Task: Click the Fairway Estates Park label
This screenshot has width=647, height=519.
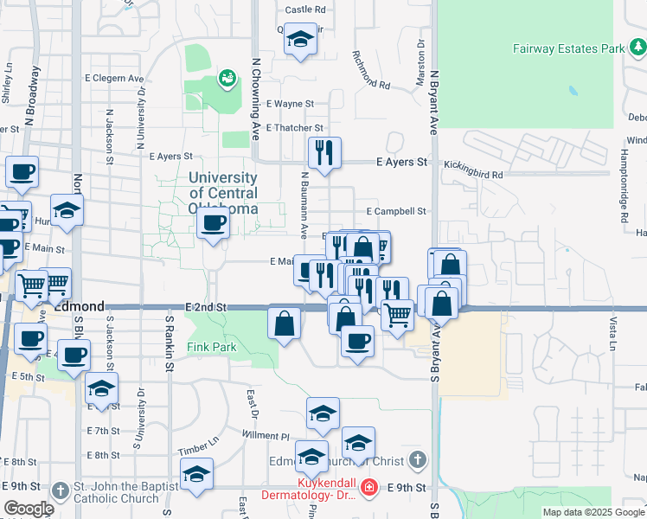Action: pyautogui.click(x=568, y=49)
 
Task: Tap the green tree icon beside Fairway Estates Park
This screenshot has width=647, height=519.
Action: pyautogui.click(x=637, y=48)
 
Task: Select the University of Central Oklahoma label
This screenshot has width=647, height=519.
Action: pyautogui.click(x=223, y=193)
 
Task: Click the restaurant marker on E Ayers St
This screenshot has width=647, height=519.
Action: pyautogui.click(x=324, y=153)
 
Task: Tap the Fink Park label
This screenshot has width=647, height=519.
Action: pyautogui.click(x=212, y=348)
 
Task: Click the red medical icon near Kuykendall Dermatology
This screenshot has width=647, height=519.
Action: pyautogui.click(x=369, y=488)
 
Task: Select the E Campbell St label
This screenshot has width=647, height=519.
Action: pyautogui.click(x=396, y=211)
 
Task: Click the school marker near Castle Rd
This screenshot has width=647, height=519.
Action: pyautogui.click(x=300, y=40)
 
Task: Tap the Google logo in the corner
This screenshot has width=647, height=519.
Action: pyautogui.click(x=29, y=509)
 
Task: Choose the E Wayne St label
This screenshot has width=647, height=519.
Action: pyautogui.click(x=290, y=104)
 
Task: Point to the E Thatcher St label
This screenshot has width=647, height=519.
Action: pyautogui.click(x=293, y=128)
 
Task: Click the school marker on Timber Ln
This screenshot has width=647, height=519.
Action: pyautogui.click(x=196, y=474)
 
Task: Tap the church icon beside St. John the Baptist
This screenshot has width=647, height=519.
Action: pyautogui.click(x=60, y=490)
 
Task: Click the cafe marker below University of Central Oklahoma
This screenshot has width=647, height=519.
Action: pyautogui.click(x=213, y=225)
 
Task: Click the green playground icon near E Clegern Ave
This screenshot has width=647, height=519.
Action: pyautogui.click(x=227, y=80)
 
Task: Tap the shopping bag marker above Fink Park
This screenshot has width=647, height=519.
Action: pyautogui.click(x=284, y=324)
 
